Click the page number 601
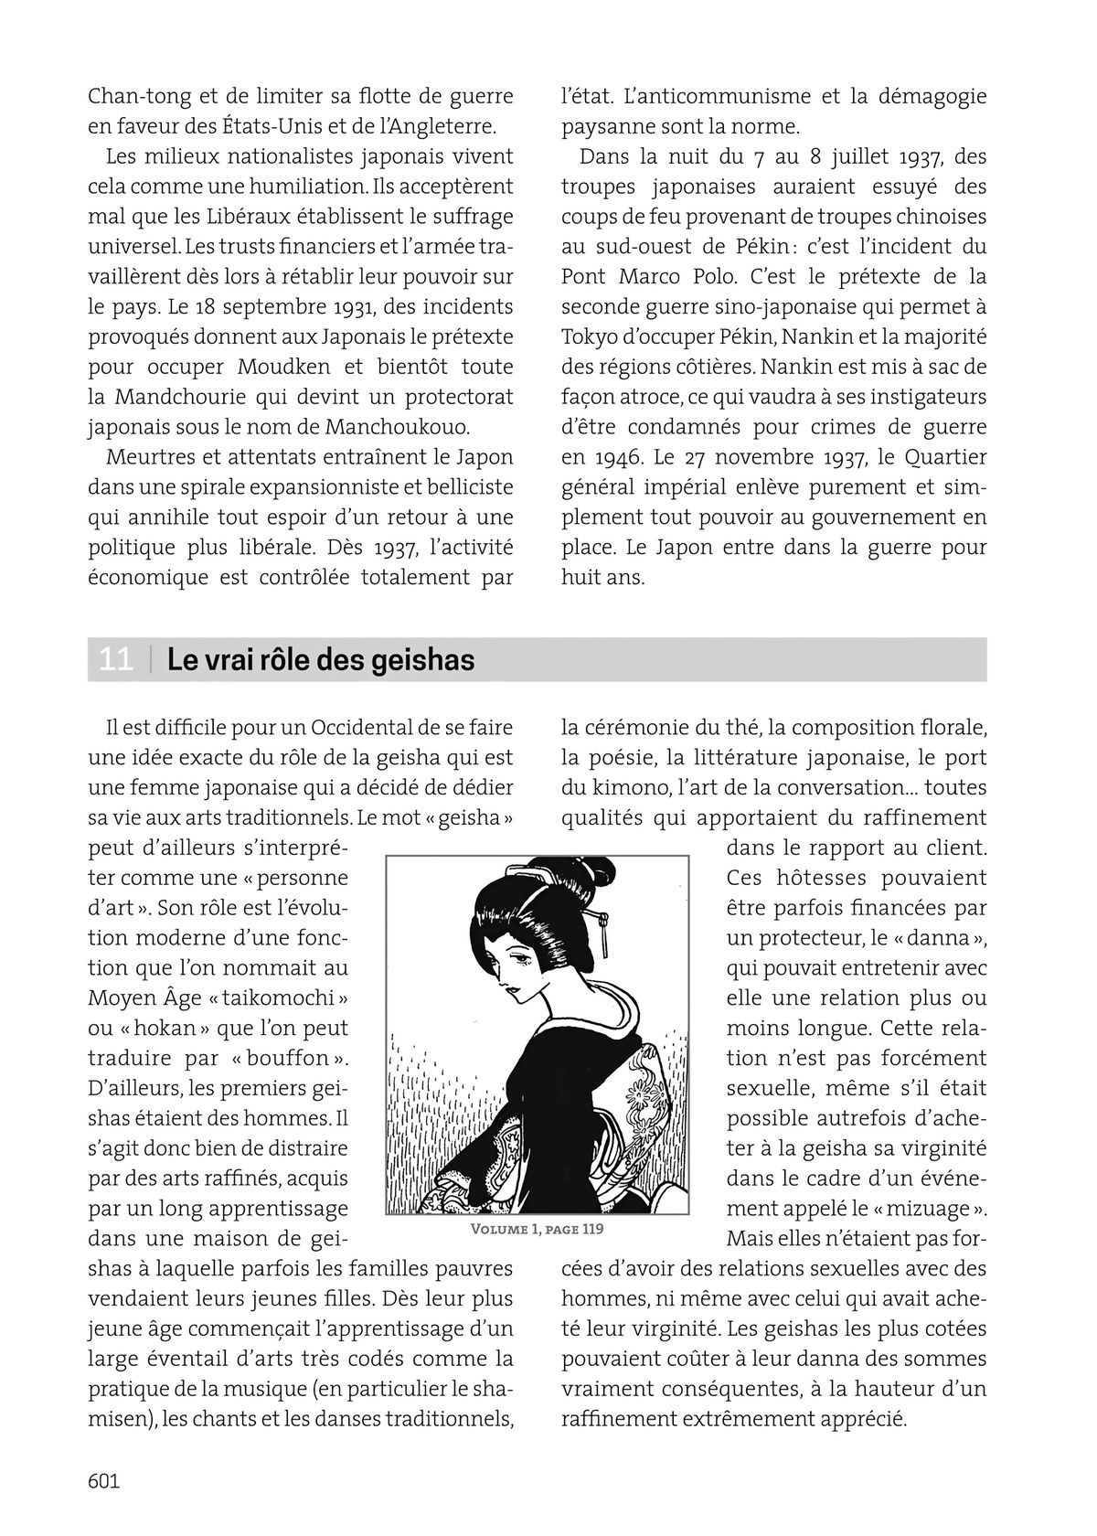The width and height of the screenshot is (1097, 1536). tap(104, 1480)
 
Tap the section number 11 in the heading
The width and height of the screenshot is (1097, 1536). tap(116, 659)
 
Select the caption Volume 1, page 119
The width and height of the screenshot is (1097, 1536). tap(537, 1228)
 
